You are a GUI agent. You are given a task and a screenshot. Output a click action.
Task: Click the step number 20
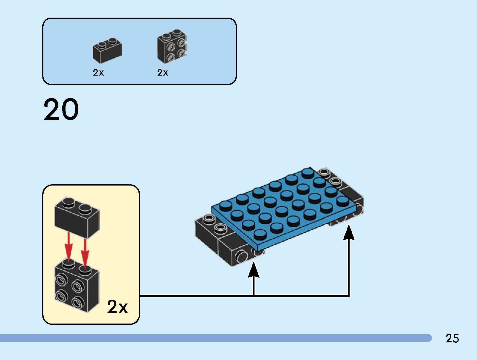[x=61, y=110]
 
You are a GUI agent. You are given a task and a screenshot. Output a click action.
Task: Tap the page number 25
[x=452, y=338]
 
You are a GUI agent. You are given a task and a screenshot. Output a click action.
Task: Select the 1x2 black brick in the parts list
[x=107, y=51]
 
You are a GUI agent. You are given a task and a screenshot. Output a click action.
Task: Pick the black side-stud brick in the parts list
[x=171, y=47]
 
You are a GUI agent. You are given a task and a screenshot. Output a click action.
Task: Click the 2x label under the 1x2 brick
[x=98, y=73]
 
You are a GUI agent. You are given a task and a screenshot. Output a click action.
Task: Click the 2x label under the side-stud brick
[x=162, y=73]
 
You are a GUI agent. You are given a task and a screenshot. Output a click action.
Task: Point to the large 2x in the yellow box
[x=117, y=307]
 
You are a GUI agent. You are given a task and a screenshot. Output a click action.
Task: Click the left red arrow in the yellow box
[x=69, y=247]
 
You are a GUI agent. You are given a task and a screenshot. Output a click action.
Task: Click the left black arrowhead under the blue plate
[x=254, y=270]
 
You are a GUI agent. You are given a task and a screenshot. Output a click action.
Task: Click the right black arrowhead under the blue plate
[x=349, y=233]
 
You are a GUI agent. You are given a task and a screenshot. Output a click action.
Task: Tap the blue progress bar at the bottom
[x=215, y=338]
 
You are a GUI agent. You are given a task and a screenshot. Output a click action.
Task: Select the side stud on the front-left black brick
[x=241, y=256]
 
